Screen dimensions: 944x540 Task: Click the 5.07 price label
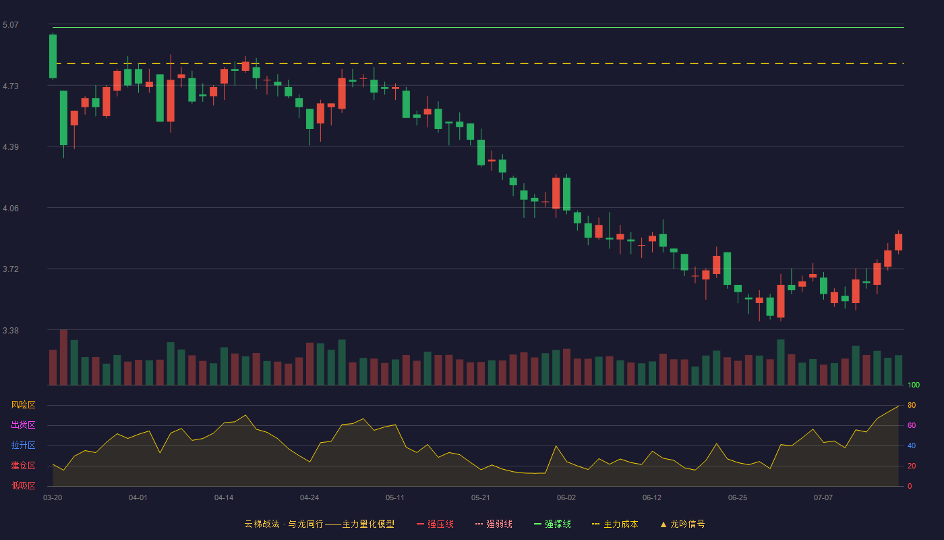point(11,25)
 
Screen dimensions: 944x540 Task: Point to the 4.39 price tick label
point(11,147)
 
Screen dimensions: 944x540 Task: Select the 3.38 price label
point(11,331)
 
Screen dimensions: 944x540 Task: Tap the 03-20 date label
point(53,498)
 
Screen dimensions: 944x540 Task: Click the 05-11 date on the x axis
point(395,498)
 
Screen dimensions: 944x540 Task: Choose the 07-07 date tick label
point(823,498)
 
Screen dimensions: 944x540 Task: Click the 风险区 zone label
point(23,405)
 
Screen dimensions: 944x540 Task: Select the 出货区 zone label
point(23,425)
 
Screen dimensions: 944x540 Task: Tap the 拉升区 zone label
point(23,445)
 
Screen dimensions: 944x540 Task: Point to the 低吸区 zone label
point(23,485)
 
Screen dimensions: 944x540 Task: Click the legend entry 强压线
point(436,524)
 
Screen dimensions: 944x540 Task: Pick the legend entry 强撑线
point(552,524)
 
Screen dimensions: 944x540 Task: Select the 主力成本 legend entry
point(615,524)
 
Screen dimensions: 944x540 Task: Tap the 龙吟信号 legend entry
point(682,524)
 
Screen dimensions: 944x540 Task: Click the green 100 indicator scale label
point(914,385)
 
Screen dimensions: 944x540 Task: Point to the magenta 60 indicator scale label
point(912,425)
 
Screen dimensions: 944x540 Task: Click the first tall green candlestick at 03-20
point(53,56)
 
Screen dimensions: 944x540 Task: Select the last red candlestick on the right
point(898,242)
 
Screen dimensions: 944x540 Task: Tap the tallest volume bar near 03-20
point(63,357)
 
